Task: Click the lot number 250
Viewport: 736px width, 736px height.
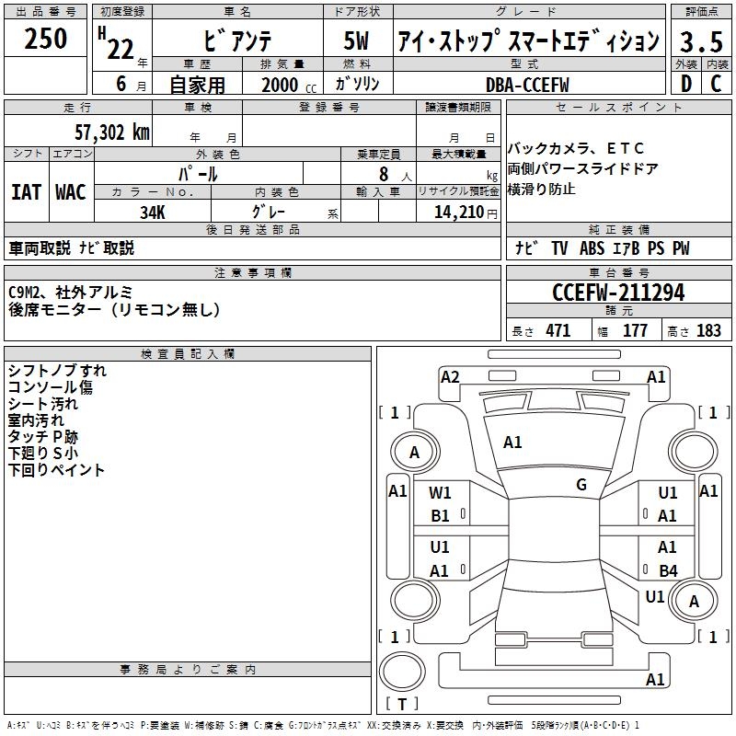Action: (x=46, y=39)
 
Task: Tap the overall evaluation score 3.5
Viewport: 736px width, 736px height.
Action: (x=700, y=41)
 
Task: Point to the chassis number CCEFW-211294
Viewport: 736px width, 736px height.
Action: (x=618, y=293)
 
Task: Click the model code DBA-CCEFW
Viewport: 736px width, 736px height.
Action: (x=527, y=84)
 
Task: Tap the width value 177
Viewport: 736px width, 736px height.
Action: (x=635, y=331)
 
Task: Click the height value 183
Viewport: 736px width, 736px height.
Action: (x=708, y=331)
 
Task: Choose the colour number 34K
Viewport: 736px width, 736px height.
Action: (x=153, y=212)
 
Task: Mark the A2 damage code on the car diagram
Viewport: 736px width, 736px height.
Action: (x=450, y=376)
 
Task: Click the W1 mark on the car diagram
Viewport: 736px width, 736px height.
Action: (x=441, y=493)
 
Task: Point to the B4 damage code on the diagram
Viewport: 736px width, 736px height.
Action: (x=668, y=570)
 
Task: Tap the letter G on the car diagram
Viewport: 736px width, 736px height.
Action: (x=581, y=485)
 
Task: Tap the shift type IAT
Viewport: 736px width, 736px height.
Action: (x=26, y=192)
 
